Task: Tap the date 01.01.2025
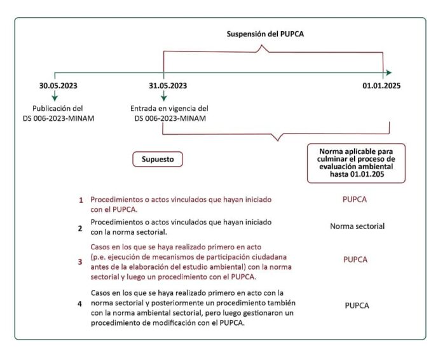click(x=382, y=85)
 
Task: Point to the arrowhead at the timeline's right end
click(x=388, y=73)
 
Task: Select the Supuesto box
click(x=158, y=158)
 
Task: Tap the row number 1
click(x=81, y=200)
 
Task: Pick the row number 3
click(x=80, y=261)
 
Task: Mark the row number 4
click(x=80, y=304)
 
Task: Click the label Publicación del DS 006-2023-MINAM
click(x=58, y=113)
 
